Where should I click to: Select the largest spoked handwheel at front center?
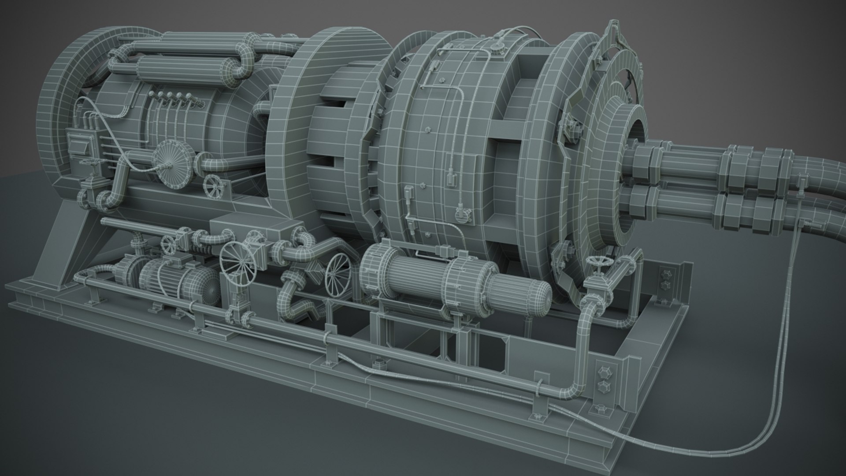238,264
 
